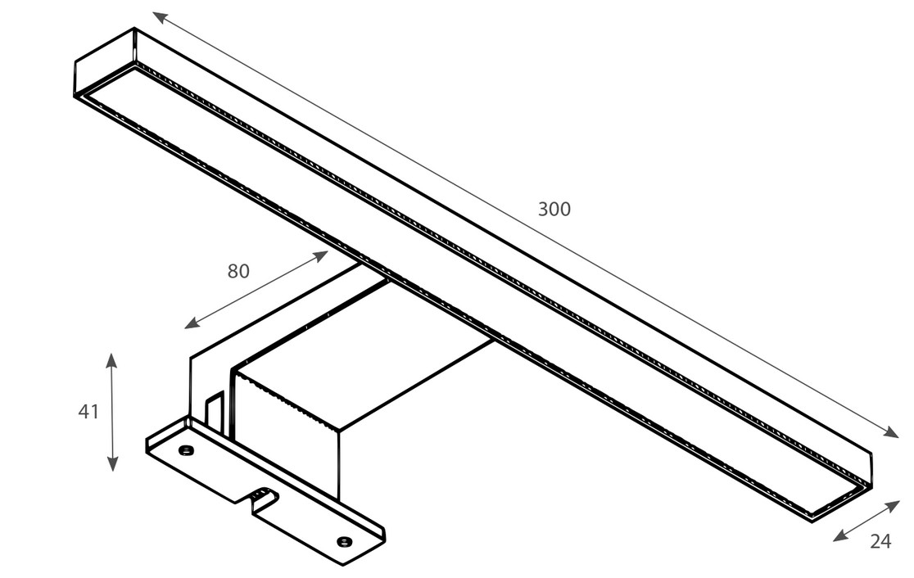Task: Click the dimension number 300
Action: click(554, 209)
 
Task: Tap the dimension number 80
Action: click(238, 271)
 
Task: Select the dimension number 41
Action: click(88, 411)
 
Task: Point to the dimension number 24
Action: click(880, 541)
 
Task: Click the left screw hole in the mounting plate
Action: click(186, 449)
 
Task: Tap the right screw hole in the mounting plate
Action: click(345, 542)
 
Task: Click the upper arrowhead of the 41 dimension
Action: click(111, 359)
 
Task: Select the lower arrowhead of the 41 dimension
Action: click(112, 464)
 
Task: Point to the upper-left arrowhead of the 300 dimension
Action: click(160, 17)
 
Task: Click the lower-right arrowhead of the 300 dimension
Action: click(891, 431)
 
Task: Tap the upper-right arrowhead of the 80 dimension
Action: click(321, 255)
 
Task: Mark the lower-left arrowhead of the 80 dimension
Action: click(192, 324)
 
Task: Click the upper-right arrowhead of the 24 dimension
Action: click(892, 505)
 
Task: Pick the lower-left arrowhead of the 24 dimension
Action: click(840, 536)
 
